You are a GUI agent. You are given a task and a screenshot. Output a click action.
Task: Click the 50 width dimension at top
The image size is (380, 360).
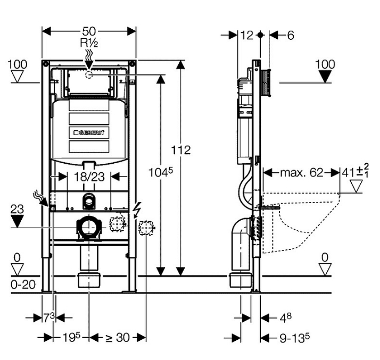tap(88, 30)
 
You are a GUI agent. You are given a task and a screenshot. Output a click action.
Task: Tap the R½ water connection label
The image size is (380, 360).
tap(88, 43)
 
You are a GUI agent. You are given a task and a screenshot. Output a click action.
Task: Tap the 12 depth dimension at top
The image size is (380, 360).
tap(246, 35)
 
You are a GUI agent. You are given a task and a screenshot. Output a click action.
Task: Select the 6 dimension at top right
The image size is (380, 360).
tap(290, 35)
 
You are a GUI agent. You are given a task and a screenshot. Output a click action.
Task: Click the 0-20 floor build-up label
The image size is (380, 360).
tap(22, 284)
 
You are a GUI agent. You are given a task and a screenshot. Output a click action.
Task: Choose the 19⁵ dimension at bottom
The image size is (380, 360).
tap(70, 337)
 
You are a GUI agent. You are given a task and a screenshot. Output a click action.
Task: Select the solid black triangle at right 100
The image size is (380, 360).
tap(325, 77)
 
